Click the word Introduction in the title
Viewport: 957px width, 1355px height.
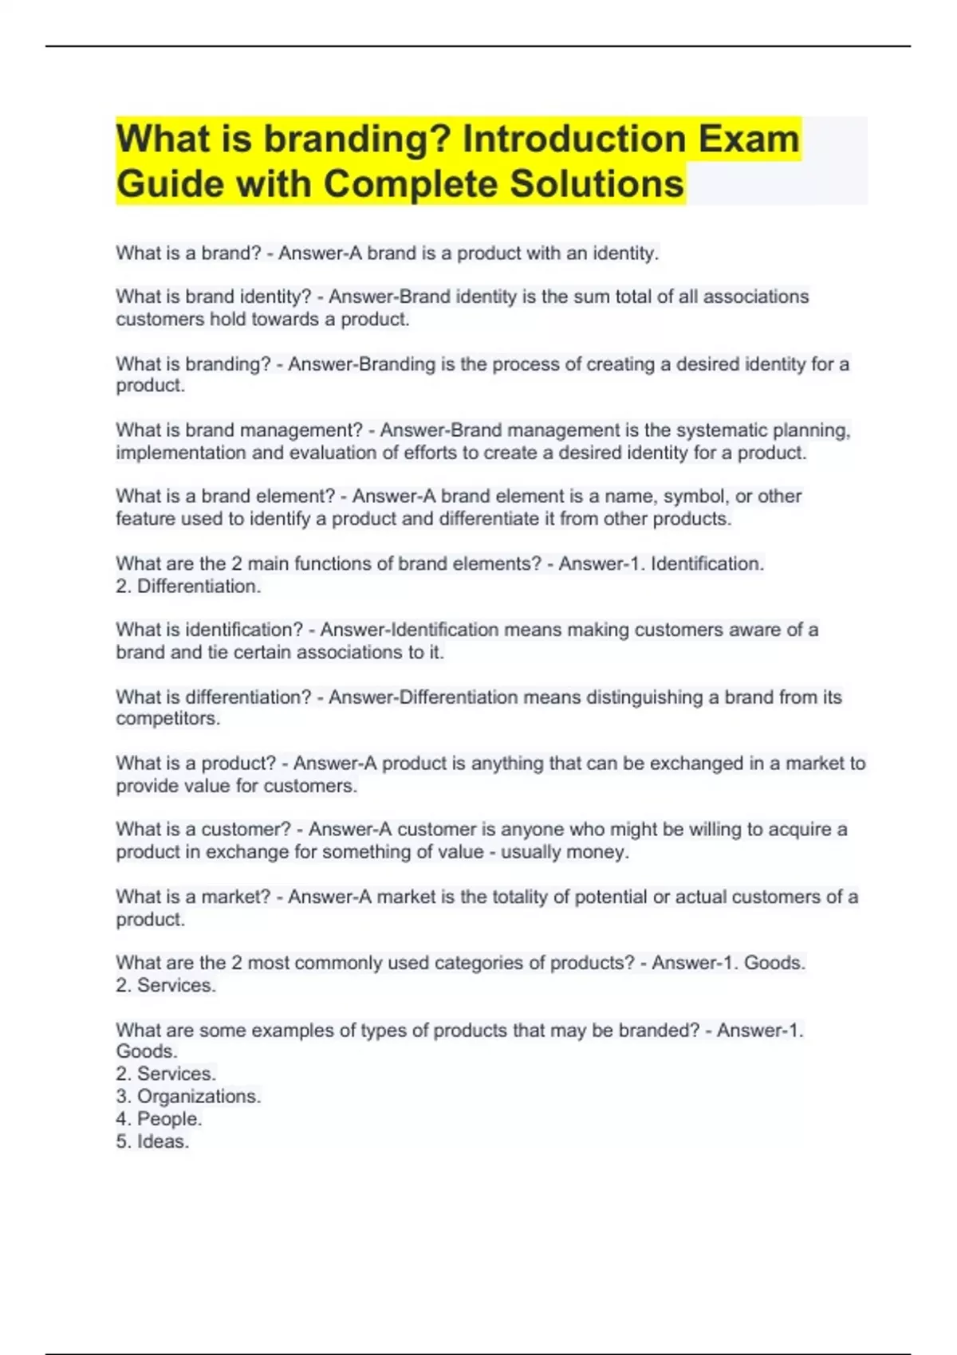coord(573,139)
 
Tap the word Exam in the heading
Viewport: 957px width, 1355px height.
coord(749,139)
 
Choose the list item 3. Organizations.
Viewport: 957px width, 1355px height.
coord(188,1097)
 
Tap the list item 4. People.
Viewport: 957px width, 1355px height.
coord(159,1119)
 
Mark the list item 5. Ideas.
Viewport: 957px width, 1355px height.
coord(152,1141)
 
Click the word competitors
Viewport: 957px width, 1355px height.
coord(167,719)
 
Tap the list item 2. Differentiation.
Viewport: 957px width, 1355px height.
coord(188,587)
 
